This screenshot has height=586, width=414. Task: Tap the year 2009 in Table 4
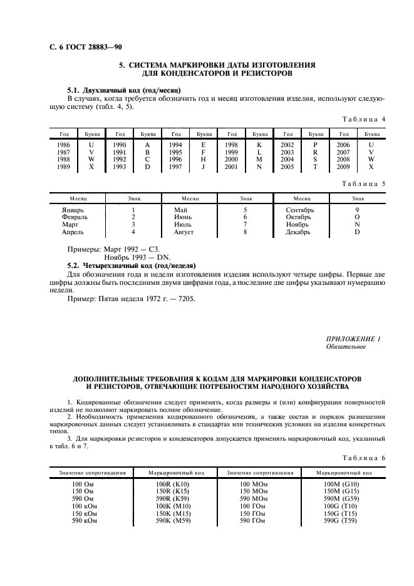pyautogui.click(x=343, y=167)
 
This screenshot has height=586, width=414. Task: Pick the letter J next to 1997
pyautogui.click(x=204, y=167)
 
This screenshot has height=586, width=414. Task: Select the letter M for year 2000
pyautogui.click(x=259, y=160)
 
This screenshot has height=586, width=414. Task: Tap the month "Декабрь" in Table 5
pyautogui.click(x=298, y=232)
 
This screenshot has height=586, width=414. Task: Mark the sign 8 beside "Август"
pyautogui.click(x=245, y=232)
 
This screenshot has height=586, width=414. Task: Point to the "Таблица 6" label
pyautogui.click(x=365, y=458)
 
